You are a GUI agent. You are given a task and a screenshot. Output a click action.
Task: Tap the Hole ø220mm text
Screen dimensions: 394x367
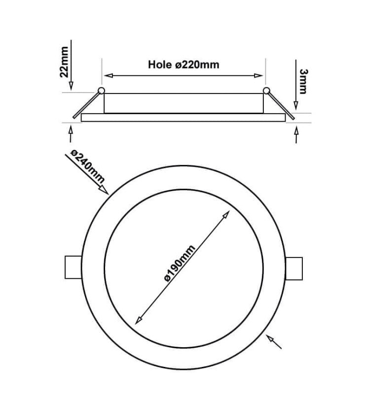(x=183, y=65)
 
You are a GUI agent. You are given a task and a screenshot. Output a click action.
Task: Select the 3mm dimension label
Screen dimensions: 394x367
(x=303, y=81)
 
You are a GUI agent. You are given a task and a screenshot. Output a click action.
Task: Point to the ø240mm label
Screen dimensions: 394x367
(x=87, y=166)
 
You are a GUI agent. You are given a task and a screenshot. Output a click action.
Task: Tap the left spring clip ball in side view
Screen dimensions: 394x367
(x=102, y=91)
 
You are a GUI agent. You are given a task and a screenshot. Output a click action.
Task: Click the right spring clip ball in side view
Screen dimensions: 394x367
(x=266, y=91)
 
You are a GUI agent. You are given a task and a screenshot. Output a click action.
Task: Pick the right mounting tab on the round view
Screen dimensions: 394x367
(x=294, y=269)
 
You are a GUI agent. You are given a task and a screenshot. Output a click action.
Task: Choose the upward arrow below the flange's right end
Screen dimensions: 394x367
(x=296, y=131)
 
